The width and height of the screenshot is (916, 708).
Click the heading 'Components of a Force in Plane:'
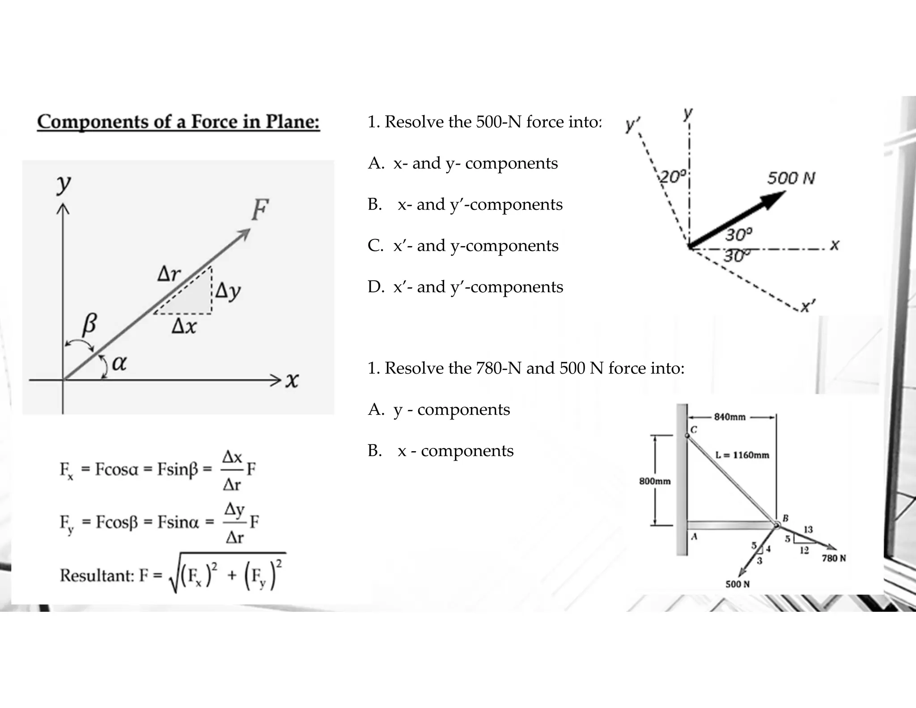click(178, 122)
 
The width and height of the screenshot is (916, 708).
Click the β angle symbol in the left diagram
click(89, 324)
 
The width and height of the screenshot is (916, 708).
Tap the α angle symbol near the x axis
click(119, 363)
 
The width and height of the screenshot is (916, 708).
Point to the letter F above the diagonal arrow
click(260, 209)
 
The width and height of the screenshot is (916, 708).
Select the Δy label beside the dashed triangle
click(228, 292)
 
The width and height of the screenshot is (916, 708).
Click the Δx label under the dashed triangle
click(184, 327)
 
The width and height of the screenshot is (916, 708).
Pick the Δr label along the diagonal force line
click(169, 273)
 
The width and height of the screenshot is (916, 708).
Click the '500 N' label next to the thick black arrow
click(791, 179)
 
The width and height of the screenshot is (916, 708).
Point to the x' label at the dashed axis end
click(808, 307)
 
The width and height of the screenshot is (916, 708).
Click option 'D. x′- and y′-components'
click(465, 287)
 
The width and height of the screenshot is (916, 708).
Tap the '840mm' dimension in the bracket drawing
click(729, 417)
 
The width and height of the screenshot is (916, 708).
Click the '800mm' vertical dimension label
click(655, 481)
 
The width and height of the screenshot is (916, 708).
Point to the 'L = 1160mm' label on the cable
click(742, 455)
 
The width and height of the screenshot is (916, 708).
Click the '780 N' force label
click(834, 558)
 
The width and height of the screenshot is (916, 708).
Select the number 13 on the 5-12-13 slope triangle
click(808, 529)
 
